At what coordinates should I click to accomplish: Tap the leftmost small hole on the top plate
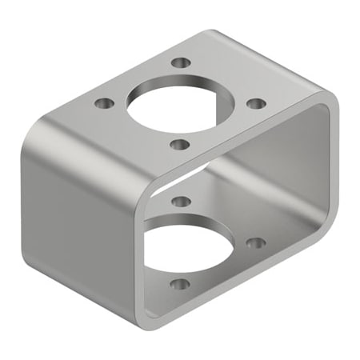[103, 103]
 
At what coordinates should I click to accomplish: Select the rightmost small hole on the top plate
[255, 103]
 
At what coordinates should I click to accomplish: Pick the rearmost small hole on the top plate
[182, 62]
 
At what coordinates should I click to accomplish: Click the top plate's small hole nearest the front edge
[180, 145]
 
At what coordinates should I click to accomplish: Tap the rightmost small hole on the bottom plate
[255, 242]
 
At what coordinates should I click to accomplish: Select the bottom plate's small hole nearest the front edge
[181, 283]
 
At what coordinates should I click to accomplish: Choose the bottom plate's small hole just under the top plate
[181, 201]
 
